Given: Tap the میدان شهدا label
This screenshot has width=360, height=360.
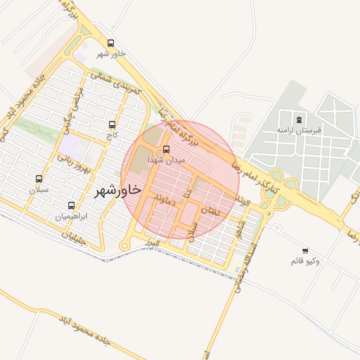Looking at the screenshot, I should (166, 161).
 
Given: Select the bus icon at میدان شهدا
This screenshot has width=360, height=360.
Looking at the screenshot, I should (166, 149).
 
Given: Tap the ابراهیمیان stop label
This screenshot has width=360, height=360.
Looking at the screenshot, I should (71, 217).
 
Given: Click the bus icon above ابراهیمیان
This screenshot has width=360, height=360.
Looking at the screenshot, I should (71, 206).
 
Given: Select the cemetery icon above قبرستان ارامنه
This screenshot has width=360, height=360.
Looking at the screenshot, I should (300, 119).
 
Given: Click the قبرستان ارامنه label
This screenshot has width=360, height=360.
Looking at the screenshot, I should (299, 130).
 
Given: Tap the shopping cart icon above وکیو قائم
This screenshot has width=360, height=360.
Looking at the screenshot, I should (304, 250).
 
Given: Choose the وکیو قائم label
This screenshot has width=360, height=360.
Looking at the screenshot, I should (304, 262).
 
